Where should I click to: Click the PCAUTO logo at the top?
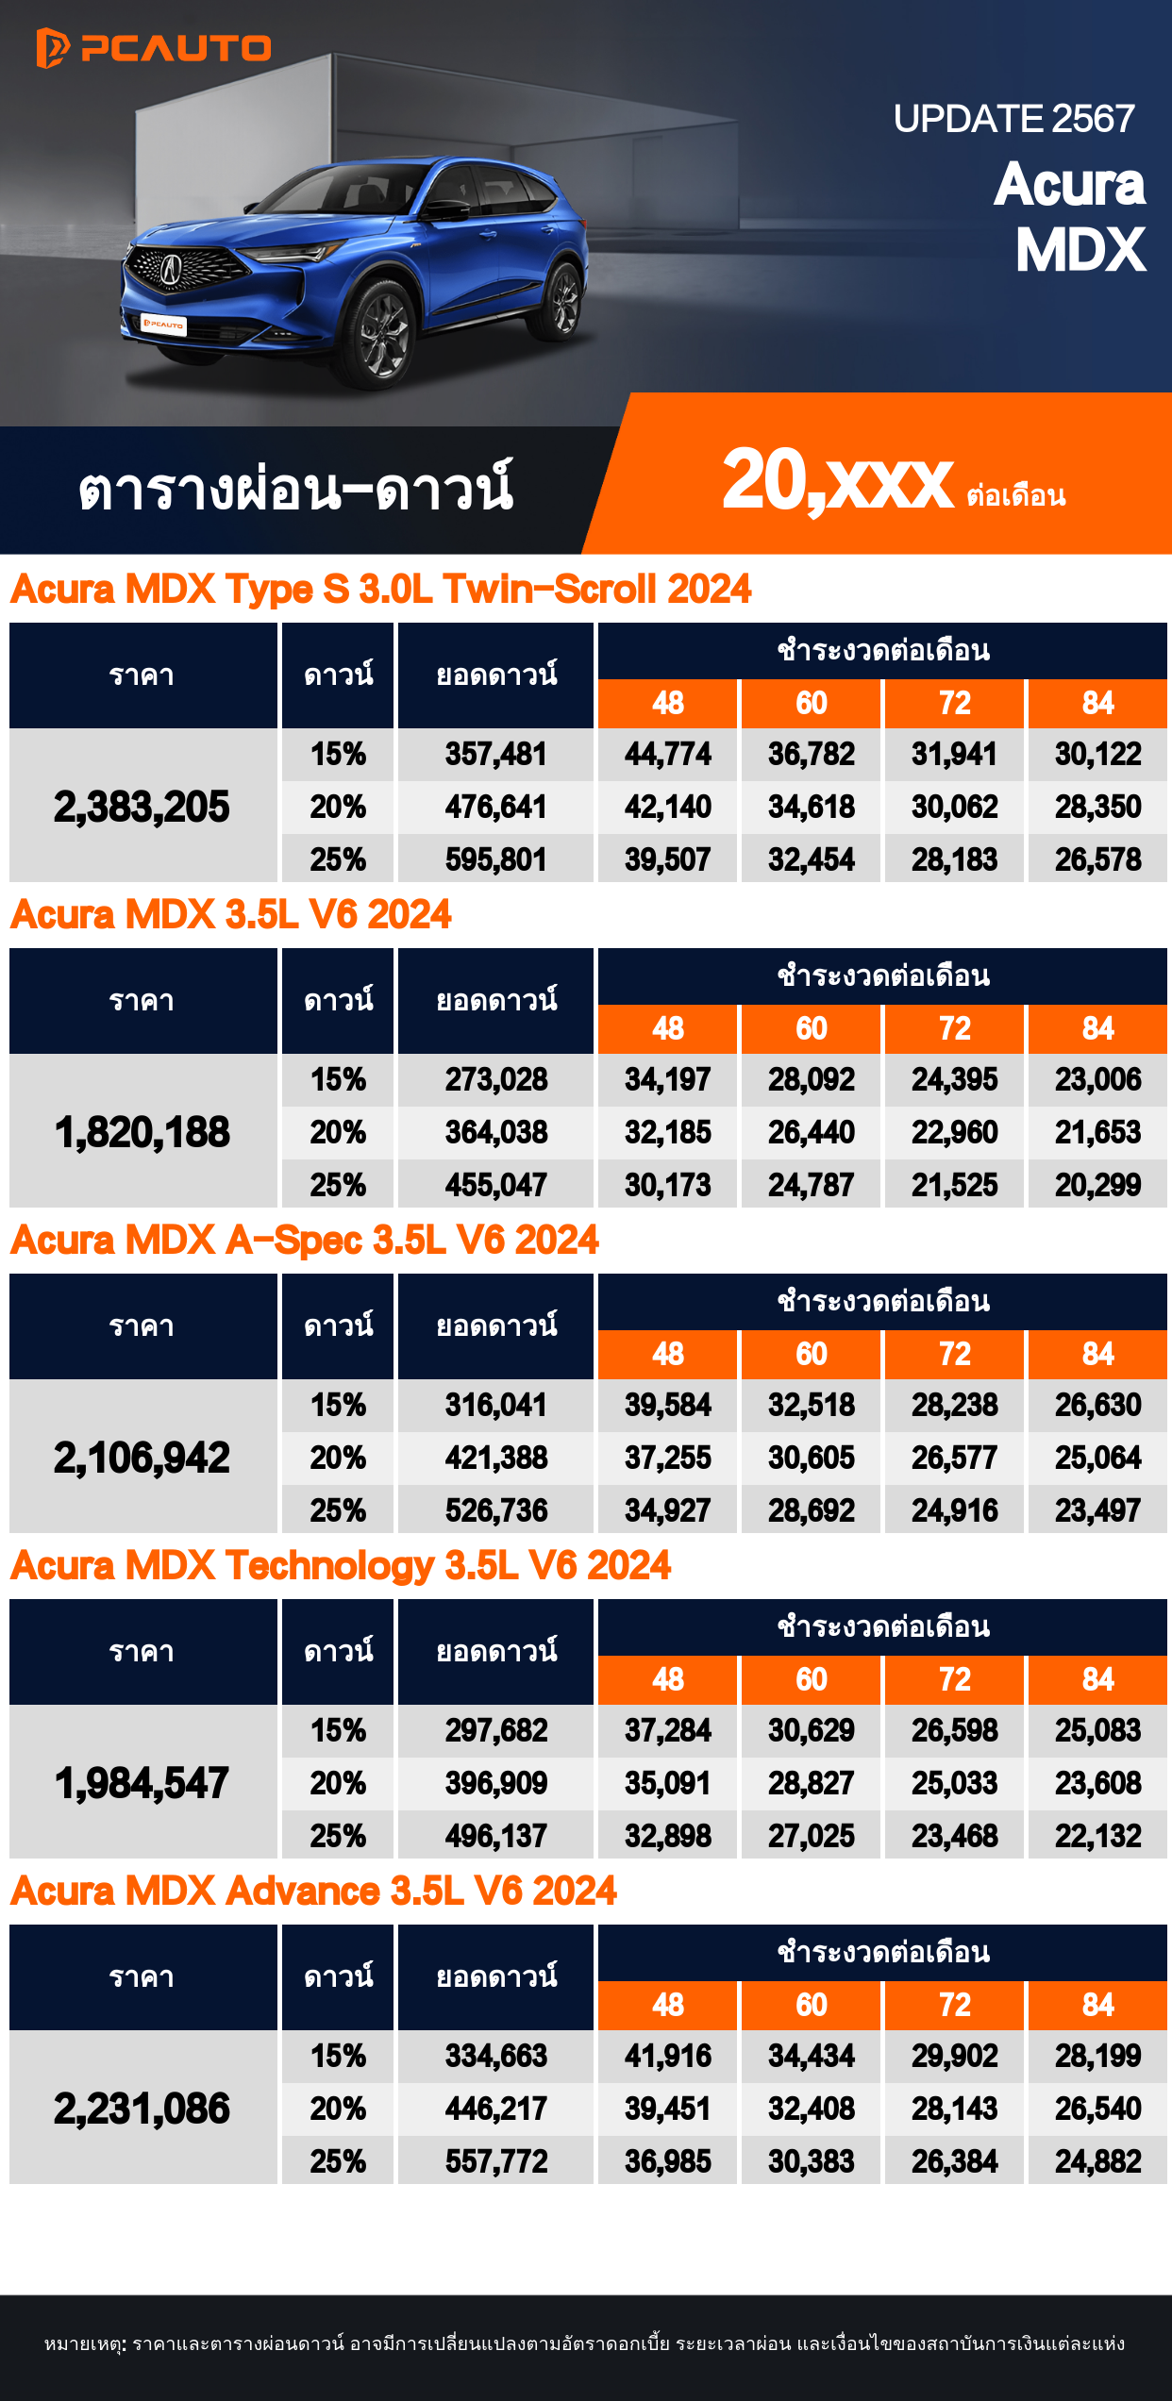[154, 48]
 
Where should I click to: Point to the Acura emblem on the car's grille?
[171, 268]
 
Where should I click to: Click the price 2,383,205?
[142, 807]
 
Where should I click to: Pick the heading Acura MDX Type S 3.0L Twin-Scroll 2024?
[380, 590]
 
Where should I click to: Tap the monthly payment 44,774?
[667, 754]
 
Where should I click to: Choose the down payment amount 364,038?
[496, 1132]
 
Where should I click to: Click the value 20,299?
[1097, 1185]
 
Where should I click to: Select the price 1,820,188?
[142, 1132]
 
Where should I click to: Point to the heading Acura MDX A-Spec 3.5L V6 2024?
[304, 1241]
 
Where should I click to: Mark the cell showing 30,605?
[811, 1458]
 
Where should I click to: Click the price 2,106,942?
[142, 1458]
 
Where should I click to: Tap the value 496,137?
[496, 1836]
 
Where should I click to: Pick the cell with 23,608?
[1097, 1783]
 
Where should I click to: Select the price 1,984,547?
[142, 1783]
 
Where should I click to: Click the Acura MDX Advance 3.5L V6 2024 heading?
[313, 1892]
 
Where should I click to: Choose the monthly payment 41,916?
[667, 2056]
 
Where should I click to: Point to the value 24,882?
[1097, 2161]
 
